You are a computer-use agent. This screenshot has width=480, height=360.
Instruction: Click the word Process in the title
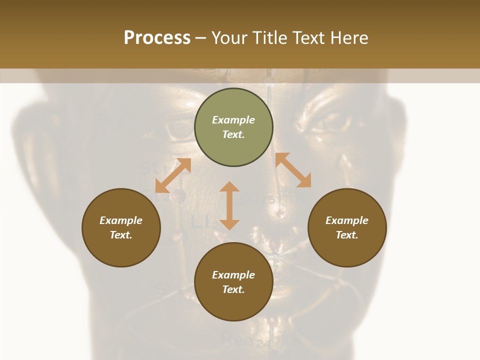(157, 38)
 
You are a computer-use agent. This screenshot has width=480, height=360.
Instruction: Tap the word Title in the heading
(268, 38)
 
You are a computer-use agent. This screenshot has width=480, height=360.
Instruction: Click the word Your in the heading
(230, 38)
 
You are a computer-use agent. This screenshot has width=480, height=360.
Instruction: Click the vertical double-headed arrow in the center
(229, 205)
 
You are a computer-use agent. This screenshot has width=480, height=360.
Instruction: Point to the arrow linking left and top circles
(173, 175)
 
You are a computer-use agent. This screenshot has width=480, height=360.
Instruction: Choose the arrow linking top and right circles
(293, 170)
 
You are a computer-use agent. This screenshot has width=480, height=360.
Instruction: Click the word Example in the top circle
(233, 120)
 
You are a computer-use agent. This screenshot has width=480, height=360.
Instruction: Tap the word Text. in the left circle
(121, 235)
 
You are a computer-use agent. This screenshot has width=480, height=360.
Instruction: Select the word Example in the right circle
(347, 220)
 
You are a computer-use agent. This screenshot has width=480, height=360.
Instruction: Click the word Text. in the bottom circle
(233, 289)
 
